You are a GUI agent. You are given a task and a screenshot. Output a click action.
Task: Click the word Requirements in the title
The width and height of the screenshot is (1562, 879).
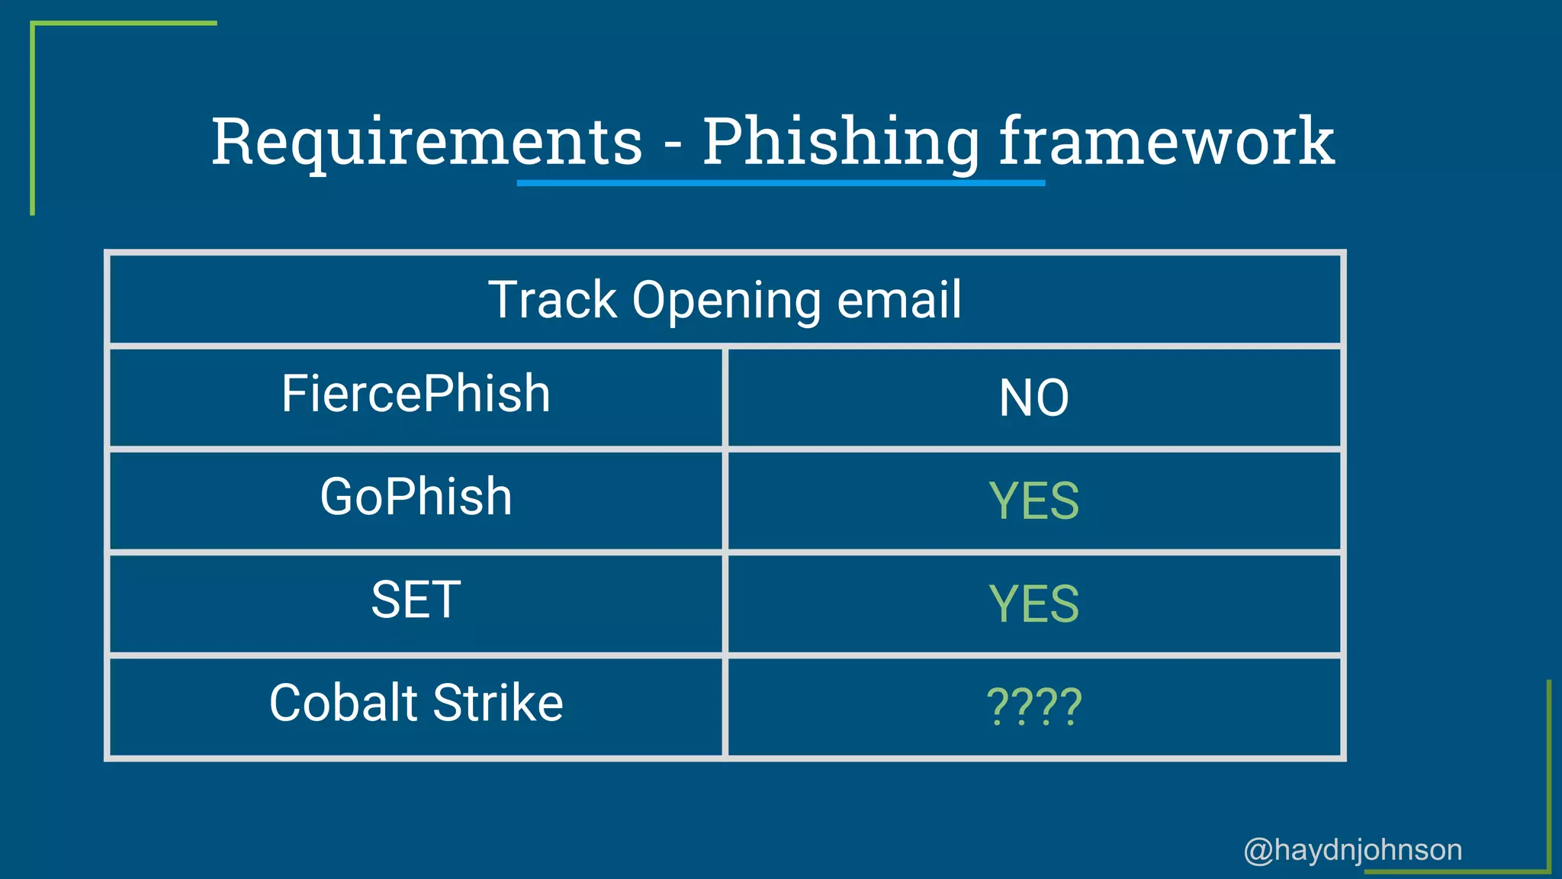pyautogui.click(x=427, y=142)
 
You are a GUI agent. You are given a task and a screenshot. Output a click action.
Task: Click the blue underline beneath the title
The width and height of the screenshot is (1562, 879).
pyautogui.click(x=780, y=183)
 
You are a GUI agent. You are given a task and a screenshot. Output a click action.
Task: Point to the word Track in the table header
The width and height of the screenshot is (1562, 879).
pyautogui.click(x=552, y=299)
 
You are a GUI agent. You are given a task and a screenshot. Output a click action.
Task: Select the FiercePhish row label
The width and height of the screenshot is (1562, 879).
pyautogui.click(x=416, y=394)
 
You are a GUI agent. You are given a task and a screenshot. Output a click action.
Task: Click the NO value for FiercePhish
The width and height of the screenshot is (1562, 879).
pyautogui.click(x=1033, y=398)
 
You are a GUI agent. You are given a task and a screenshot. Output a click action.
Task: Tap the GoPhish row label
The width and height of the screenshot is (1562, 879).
pyautogui.click(x=416, y=497)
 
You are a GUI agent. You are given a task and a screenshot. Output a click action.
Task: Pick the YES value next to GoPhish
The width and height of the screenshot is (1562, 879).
pyautogui.click(x=1033, y=501)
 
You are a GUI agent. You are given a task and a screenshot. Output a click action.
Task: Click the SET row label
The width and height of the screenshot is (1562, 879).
pyautogui.click(x=416, y=600)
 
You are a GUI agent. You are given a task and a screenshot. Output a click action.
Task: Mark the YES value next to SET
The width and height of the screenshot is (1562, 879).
pyautogui.click(x=1033, y=604)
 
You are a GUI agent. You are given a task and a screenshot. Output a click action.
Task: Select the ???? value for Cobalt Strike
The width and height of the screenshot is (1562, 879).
pyautogui.click(x=1033, y=707)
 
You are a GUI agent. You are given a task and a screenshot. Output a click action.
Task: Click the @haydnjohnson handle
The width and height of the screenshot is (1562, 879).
pyautogui.click(x=1352, y=850)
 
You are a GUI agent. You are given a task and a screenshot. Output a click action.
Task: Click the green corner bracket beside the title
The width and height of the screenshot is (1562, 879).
pyautogui.click(x=33, y=114)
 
